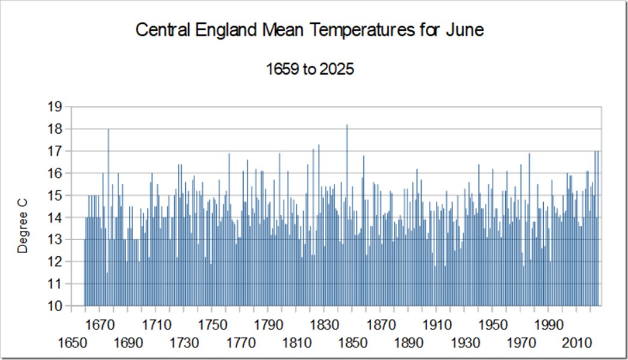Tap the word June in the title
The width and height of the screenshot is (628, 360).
coord(465,30)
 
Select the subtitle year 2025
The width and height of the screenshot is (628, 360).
coord(336,69)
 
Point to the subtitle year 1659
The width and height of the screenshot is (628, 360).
coord(283,69)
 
